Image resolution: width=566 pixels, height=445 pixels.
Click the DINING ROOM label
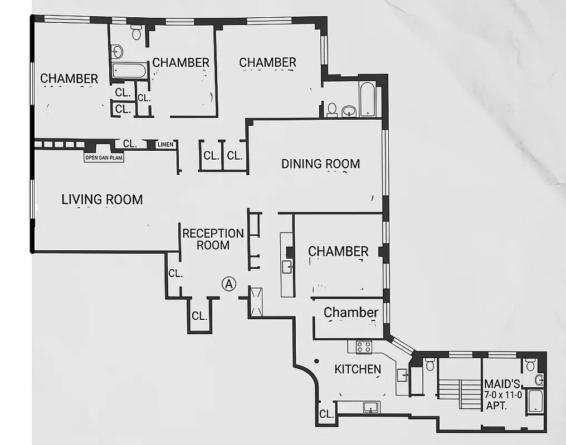pyautogui.click(x=320, y=164)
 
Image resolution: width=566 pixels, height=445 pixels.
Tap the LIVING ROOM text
pyautogui.click(x=102, y=199)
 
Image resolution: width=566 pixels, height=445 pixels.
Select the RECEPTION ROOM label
pyautogui.click(x=213, y=239)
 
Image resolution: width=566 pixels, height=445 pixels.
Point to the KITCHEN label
pyautogui.click(x=358, y=369)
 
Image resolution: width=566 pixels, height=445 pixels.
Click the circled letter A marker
pyautogui.click(x=228, y=284)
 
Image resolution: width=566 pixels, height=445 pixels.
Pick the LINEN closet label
pyautogui.click(x=165, y=145)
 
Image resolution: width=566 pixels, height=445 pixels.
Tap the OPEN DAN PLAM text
pyautogui.click(x=104, y=158)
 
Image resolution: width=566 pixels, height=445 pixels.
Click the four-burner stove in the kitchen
pyautogui.click(x=364, y=347)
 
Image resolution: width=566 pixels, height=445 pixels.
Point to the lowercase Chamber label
pyautogui.click(x=351, y=313)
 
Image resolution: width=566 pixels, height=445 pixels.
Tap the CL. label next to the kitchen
pyautogui.click(x=327, y=414)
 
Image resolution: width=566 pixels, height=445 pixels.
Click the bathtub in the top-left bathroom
pyautogui.click(x=129, y=71)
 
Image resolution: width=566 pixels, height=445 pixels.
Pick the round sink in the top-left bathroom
pyautogui.click(x=117, y=52)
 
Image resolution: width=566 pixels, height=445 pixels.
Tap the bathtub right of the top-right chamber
pyautogui.click(x=368, y=100)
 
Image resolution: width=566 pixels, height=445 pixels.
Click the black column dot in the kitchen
pyautogui.click(x=316, y=361)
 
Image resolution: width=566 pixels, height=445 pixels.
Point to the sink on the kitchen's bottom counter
pyautogui.click(x=370, y=408)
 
